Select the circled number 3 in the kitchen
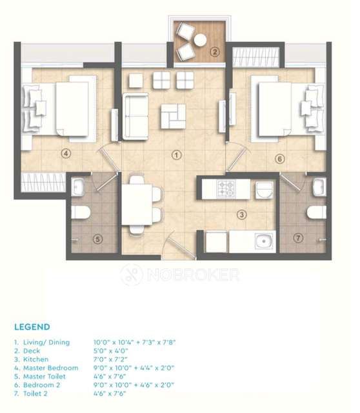point(240,214)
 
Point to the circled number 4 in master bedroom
point(65,154)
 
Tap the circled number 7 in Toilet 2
point(297,239)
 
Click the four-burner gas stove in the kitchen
point(227,189)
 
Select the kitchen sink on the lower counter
point(263,243)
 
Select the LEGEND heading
point(32,327)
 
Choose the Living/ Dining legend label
point(46,342)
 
